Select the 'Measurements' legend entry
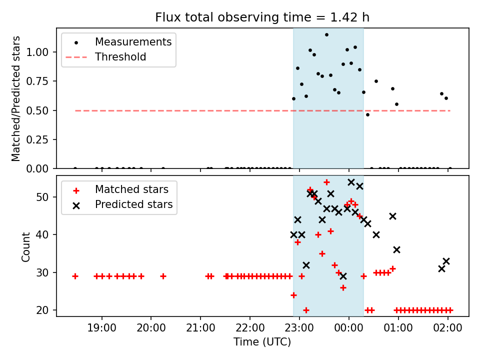tap(133, 42)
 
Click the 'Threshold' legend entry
tap(120, 57)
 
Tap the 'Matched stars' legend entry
tap(131, 189)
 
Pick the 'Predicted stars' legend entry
tap(134, 204)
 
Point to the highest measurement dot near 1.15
tap(326, 35)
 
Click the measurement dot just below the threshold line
tap(367, 115)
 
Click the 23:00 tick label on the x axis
tap(299, 328)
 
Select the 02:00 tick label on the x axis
tap(447, 328)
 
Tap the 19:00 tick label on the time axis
tap(101, 328)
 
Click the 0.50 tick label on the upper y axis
tap(37, 110)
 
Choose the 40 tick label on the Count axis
tap(42, 235)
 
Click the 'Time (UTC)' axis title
tap(262, 341)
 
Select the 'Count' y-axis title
tap(25, 246)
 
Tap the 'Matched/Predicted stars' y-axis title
tap(15, 98)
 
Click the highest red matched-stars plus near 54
tap(326, 182)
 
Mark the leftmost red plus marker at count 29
tap(75, 276)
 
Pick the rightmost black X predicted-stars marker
tap(446, 261)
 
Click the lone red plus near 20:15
tap(163, 276)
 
